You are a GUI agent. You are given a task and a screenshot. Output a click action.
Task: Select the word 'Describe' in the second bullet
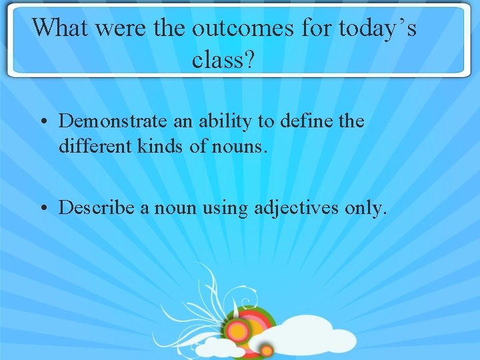pyautogui.click(x=97, y=208)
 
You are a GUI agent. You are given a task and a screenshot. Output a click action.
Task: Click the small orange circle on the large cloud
pyautogui.click(x=267, y=350)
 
